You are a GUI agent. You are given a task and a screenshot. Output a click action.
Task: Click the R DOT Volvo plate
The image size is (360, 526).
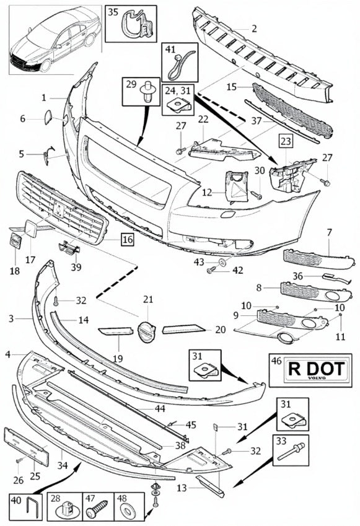(x=317, y=369)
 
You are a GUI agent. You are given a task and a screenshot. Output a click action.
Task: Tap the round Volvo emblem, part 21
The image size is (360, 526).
(x=146, y=331)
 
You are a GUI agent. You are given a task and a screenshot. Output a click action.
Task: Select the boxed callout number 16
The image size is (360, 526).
(x=128, y=239)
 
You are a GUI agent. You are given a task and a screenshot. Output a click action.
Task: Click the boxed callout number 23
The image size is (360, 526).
(x=286, y=141)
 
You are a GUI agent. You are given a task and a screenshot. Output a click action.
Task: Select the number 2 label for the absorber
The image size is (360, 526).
(x=254, y=28)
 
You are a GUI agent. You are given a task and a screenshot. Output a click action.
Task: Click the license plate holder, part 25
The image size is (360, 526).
(x=26, y=446)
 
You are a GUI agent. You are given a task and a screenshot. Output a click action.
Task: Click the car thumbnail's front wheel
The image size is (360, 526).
(x=45, y=66)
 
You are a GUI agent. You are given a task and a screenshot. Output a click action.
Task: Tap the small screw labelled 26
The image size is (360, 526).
(x=19, y=461)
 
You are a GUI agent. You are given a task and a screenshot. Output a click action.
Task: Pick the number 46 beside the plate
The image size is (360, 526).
(x=276, y=361)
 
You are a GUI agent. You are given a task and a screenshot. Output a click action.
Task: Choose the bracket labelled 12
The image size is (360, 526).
(x=237, y=186)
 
